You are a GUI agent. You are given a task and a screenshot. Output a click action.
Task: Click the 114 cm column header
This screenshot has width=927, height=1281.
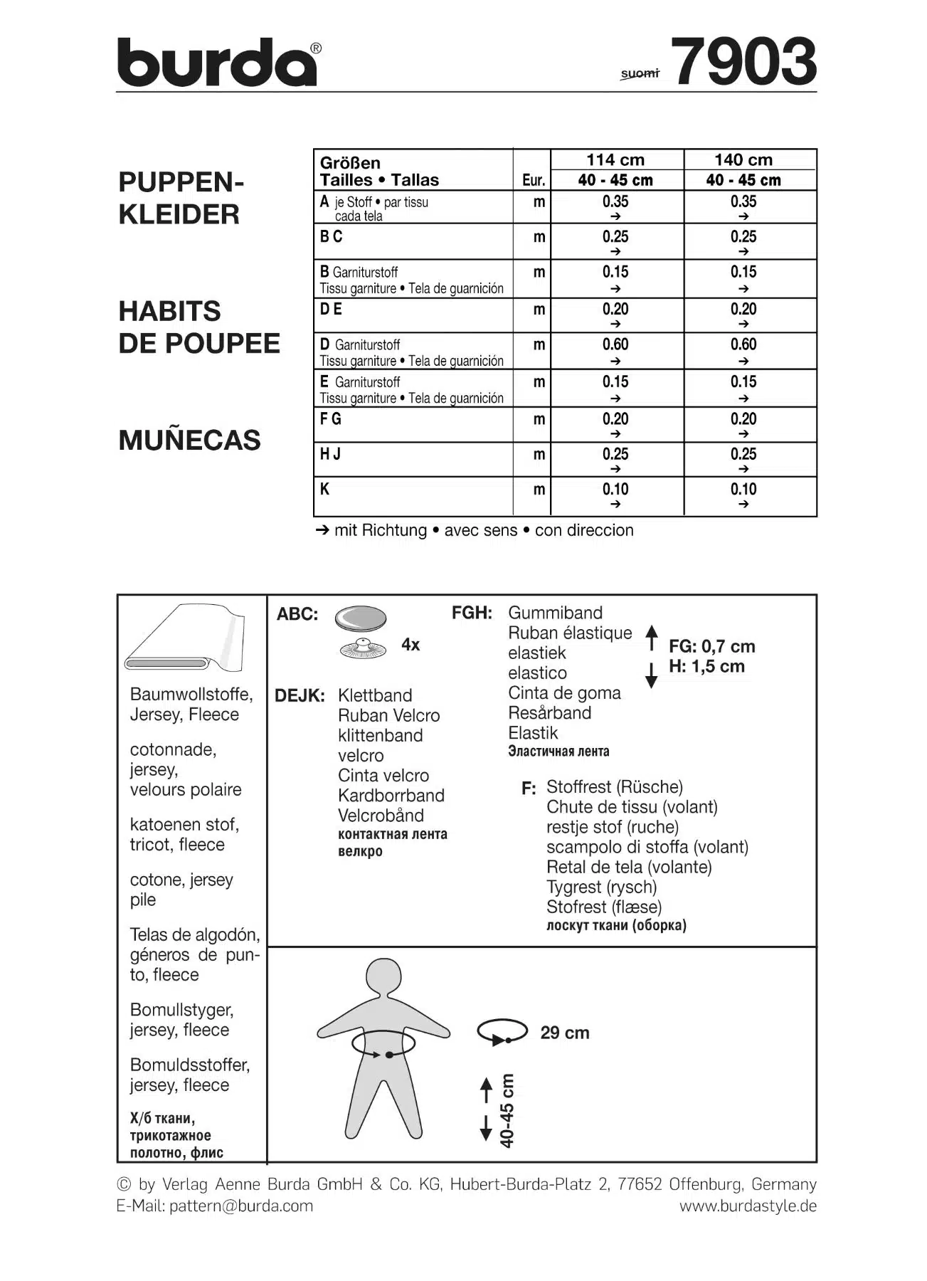click(615, 160)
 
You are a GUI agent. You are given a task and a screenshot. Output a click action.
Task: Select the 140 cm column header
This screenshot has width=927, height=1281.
click(743, 160)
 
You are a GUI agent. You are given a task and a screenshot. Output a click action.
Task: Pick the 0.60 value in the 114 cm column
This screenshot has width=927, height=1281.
click(615, 345)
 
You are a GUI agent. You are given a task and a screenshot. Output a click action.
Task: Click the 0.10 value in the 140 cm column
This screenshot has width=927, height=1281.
click(743, 490)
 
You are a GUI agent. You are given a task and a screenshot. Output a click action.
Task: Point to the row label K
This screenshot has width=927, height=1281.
click(325, 490)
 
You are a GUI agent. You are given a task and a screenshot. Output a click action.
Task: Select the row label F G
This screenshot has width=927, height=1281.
click(331, 419)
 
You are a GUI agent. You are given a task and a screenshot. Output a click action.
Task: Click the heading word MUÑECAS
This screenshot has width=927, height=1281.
click(190, 441)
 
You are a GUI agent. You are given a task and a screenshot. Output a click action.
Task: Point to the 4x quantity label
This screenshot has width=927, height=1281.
click(410, 645)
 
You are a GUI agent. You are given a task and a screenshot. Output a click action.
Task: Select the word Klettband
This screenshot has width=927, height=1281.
click(375, 695)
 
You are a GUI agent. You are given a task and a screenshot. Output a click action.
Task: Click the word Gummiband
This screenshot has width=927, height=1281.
click(555, 613)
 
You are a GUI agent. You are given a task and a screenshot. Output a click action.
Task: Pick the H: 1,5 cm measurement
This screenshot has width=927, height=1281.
click(706, 667)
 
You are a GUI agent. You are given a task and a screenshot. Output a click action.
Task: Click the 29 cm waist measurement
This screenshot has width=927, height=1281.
click(565, 1033)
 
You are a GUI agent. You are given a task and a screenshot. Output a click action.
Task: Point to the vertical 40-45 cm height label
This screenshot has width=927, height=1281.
click(507, 1110)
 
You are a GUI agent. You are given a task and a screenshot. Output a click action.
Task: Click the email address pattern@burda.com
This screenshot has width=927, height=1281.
click(241, 1206)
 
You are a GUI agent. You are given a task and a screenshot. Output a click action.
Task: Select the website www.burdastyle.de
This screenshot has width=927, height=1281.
click(748, 1206)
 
